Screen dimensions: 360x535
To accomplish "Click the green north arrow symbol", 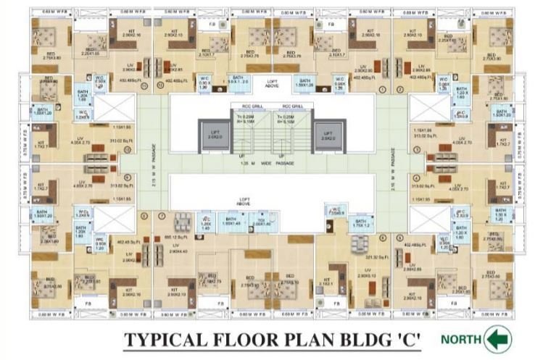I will (499, 339).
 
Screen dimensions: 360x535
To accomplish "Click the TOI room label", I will (260, 223).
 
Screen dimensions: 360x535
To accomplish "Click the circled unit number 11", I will (144, 87).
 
